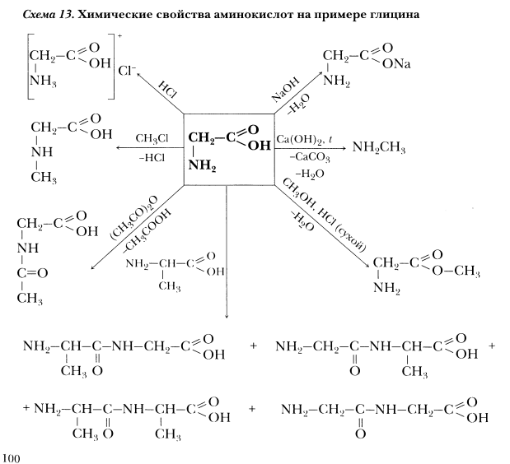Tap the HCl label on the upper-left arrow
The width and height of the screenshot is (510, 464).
coord(167,90)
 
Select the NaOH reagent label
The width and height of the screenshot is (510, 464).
coord(285,90)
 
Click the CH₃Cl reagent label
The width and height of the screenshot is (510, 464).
coord(152,139)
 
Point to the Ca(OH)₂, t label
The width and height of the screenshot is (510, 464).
coord(305,140)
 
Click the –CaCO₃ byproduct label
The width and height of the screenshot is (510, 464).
coord(310,157)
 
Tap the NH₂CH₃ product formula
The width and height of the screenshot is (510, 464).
coord(379,147)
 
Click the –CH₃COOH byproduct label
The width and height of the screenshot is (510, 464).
coord(147,231)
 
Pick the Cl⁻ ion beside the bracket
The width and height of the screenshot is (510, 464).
coord(127,70)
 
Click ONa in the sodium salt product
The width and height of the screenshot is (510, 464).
coord(396,64)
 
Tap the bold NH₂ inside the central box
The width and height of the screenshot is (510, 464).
coord(202,165)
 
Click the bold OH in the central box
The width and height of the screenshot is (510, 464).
coord(260,146)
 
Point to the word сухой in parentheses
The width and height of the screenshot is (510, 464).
coord(350,239)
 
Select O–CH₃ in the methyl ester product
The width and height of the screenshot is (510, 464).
coord(456,271)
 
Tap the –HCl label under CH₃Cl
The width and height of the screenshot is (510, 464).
coord(152,158)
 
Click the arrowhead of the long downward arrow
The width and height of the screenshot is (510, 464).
coord(227,316)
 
